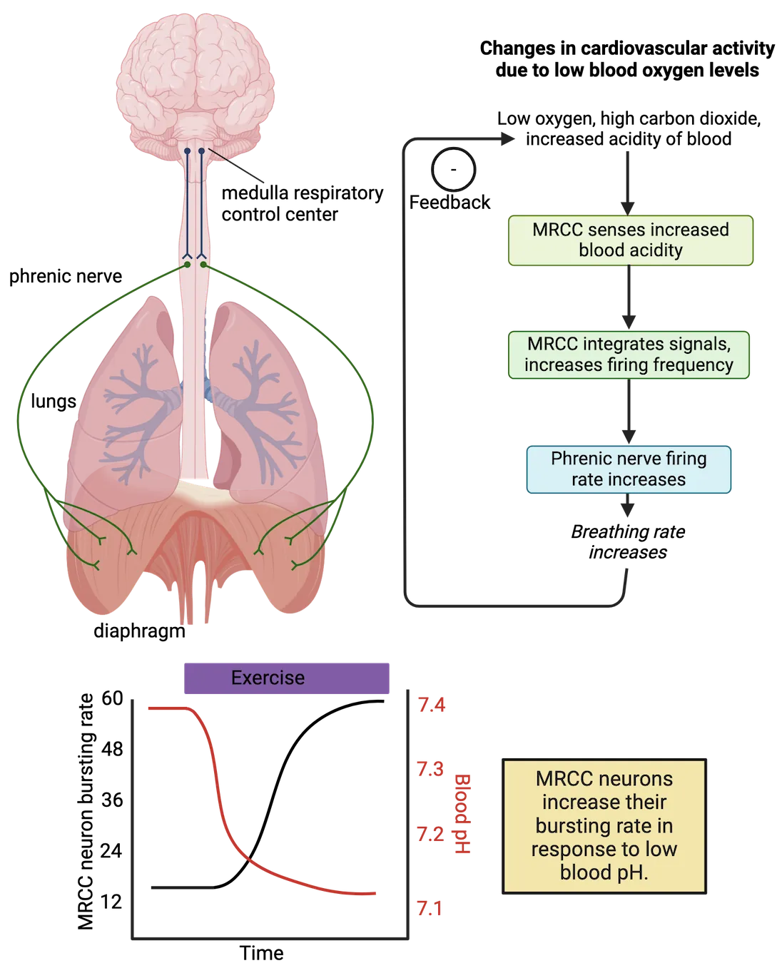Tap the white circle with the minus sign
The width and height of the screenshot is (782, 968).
coord(454,170)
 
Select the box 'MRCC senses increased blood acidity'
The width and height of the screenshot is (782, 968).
coord(630,240)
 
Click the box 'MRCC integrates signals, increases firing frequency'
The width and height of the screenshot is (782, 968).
coord(629,355)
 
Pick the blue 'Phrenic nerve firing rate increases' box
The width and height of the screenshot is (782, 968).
coord(629,469)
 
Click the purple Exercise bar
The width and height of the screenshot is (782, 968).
coord(288,678)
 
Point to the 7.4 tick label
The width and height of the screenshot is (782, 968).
coord(432,706)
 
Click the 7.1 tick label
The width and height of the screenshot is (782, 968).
coord(430,909)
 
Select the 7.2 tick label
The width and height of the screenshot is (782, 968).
coord(431,834)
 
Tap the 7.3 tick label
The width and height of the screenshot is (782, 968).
coord(431,770)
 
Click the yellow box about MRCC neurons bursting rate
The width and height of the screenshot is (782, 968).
coord(604,825)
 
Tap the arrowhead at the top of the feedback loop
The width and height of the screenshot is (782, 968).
coord(508,141)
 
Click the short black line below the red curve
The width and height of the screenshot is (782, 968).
coord(181,887)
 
